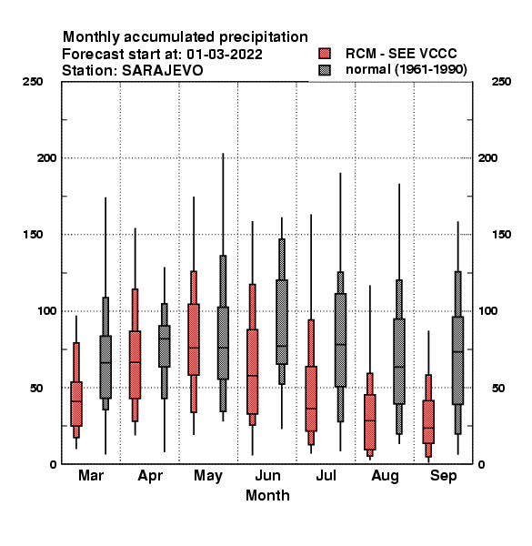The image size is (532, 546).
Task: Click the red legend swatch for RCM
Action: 325,54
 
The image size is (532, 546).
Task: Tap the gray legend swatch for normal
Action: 325,70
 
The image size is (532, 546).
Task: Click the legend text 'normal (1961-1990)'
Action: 406,70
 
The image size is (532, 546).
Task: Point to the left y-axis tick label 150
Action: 34,235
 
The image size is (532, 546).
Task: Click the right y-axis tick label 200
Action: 488,157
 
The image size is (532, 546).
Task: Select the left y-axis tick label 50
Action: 36,388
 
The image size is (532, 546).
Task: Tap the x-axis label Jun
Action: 267,476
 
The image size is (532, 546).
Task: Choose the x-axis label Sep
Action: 443,476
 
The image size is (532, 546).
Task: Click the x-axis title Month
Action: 267,496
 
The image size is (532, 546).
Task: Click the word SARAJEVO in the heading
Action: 163,71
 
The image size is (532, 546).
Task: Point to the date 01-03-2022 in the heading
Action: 225,55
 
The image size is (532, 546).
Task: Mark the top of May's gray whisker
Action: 223,154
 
